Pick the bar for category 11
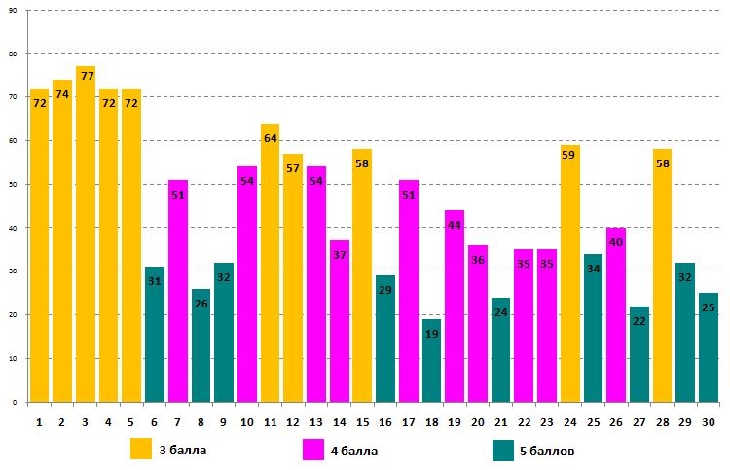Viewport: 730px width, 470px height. click(x=270, y=263)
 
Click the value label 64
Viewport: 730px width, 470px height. click(x=270, y=138)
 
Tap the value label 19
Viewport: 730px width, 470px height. click(x=432, y=334)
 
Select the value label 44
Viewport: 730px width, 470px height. click(x=455, y=225)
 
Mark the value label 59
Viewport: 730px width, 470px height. click(x=570, y=151)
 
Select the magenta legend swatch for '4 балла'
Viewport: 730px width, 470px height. click(x=313, y=450)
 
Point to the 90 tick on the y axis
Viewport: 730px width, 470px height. click(x=13, y=10)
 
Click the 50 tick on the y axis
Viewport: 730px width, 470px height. click(x=13, y=184)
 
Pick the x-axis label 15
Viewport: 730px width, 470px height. click(x=362, y=421)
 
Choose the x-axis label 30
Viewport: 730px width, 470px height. click(x=709, y=421)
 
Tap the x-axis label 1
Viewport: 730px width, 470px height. click(x=39, y=421)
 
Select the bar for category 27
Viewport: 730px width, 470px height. click(x=639, y=354)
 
